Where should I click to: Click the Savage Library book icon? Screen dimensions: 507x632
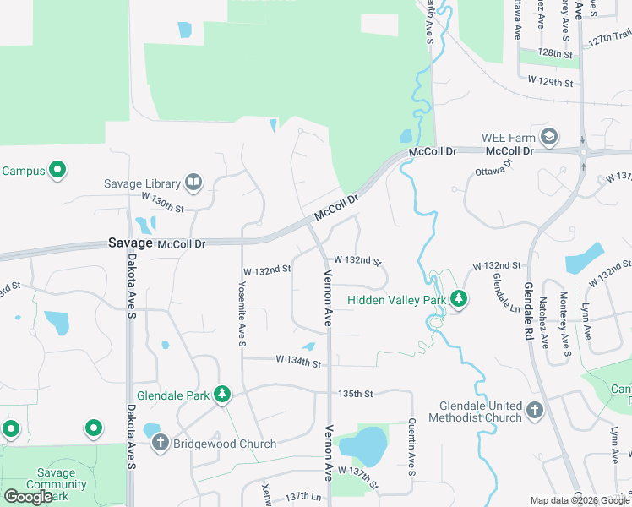tap(193, 183)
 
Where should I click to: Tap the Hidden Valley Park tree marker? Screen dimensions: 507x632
tap(459, 299)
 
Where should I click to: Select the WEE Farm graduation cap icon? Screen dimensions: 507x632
tap(550, 138)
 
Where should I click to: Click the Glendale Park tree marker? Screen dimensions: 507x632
tap(222, 395)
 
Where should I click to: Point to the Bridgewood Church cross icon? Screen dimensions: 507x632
tap(161, 443)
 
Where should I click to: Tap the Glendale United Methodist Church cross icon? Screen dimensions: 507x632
tap(534, 411)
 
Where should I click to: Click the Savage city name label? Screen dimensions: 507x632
tap(130, 243)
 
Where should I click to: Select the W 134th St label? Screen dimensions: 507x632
tap(298, 362)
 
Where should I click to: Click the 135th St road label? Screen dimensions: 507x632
tap(355, 394)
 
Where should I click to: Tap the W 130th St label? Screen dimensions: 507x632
tap(162, 206)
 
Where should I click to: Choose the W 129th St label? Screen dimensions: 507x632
tap(550, 81)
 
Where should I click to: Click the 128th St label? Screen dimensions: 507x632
tap(555, 52)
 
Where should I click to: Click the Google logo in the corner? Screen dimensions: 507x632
tap(28, 497)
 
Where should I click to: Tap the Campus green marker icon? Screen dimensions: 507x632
tap(58, 171)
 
